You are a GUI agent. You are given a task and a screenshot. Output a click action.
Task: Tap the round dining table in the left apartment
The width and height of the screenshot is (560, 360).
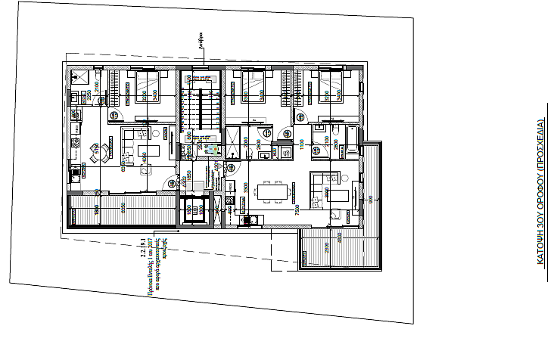pos(95,149)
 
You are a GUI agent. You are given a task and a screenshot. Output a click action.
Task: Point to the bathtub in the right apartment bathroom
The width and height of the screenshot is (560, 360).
pos(352,136)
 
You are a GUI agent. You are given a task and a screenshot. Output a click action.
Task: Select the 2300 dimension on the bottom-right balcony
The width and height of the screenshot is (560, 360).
pos(326,248)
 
